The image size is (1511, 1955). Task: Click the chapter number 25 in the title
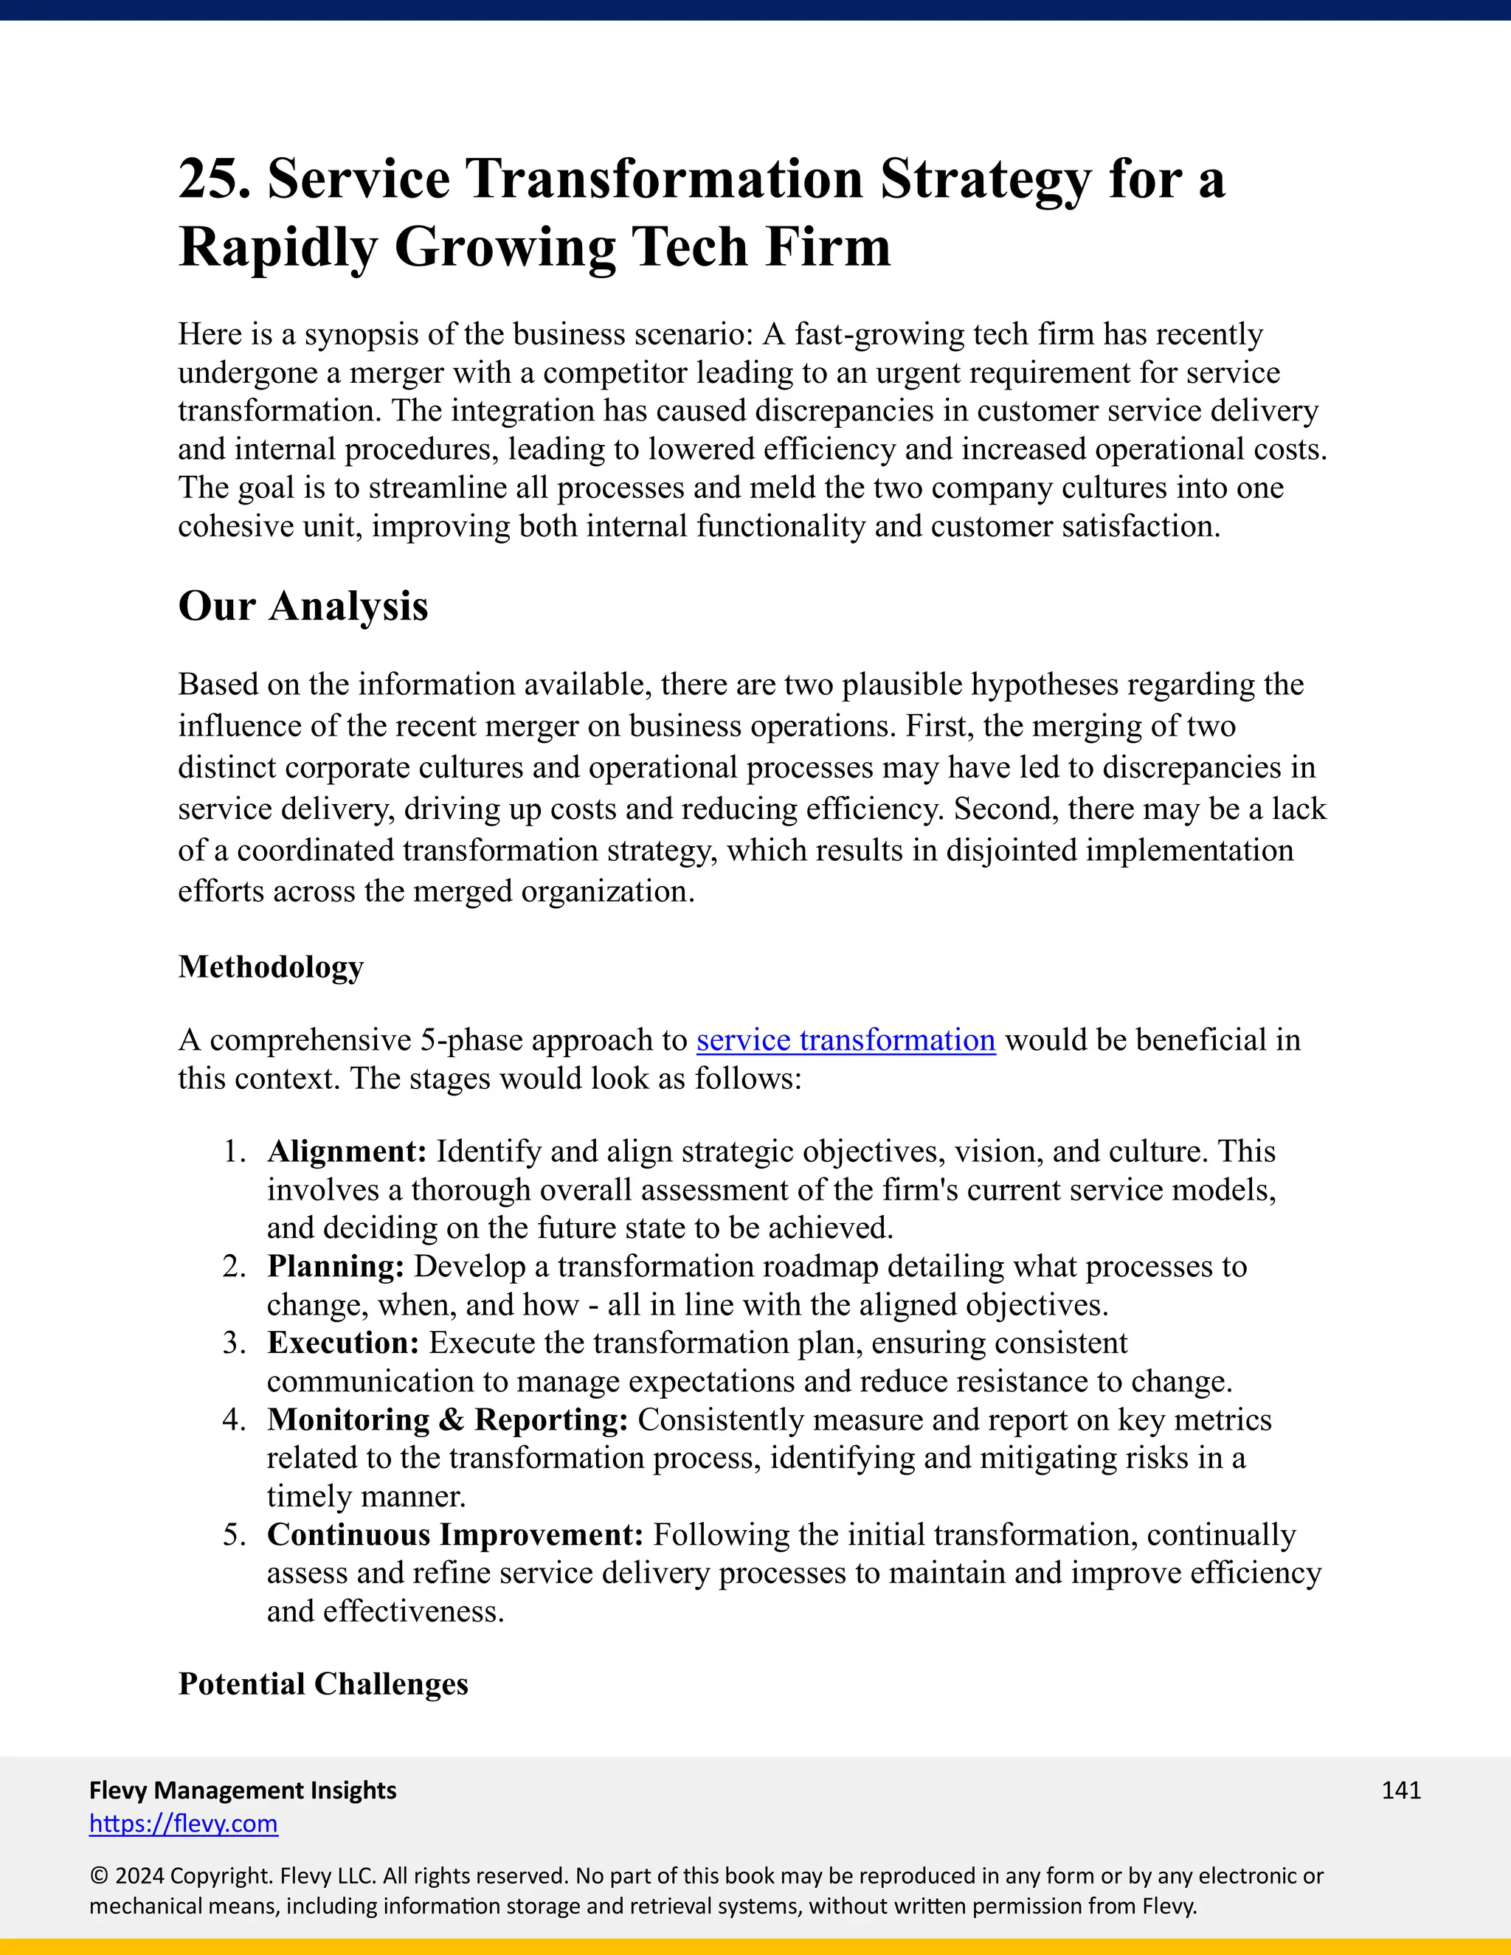click(213, 179)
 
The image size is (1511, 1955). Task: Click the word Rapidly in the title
click(277, 247)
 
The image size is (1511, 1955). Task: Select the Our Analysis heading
click(302, 606)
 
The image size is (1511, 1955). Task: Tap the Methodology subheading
click(270, 966)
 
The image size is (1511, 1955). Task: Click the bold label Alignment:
click(347, 1151)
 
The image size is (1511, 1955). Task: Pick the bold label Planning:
click(336, 1267)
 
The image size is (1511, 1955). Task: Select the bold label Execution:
click(343, 1343)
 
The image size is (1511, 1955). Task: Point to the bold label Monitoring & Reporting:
click(448, 1419)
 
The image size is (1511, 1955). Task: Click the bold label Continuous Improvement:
click(454, 1534)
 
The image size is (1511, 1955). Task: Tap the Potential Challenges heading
click(323, 1684)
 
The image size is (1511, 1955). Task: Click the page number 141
click(1401, 1790)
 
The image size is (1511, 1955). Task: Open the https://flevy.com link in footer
click(184, 1824)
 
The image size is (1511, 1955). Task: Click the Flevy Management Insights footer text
click(243, 1790)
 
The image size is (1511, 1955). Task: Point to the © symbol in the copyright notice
click(97, 1876)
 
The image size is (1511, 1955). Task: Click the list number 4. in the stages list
click(234, 1419)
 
